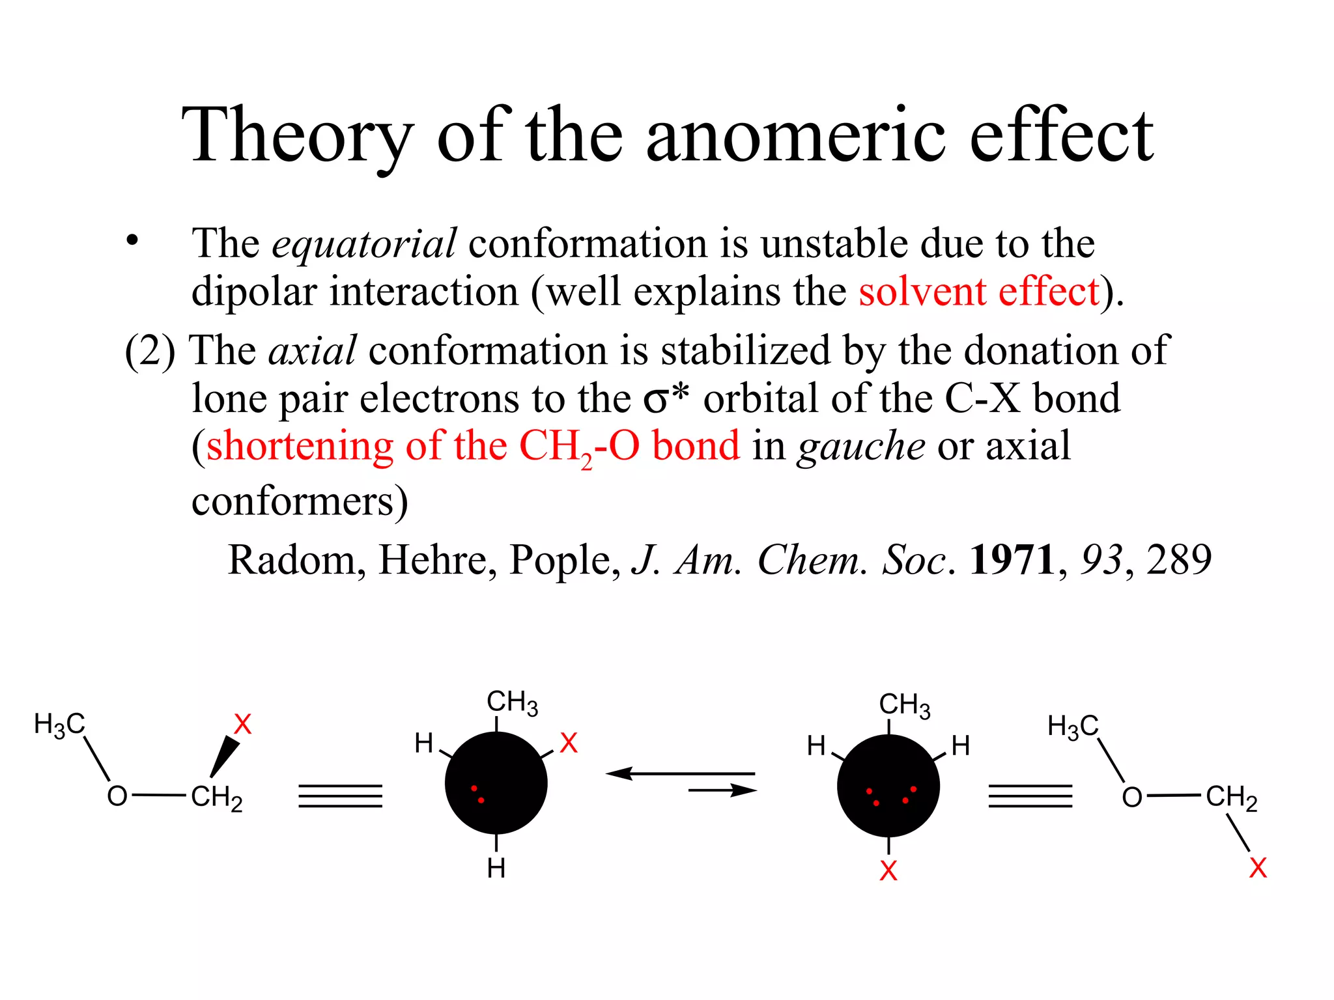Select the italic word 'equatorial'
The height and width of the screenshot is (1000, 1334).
pos(363,243)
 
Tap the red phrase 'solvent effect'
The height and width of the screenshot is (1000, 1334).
pos(978,291)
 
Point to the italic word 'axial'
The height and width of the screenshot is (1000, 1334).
pos(313,350)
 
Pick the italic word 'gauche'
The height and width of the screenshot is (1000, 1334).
pos(860,446)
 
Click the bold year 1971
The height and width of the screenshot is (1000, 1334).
pos(1012,559)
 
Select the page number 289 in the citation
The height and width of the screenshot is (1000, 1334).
pos(1178,559)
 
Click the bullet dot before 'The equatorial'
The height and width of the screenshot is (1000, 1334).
pos(133,240)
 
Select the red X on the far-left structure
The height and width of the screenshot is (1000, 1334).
pos(242,724)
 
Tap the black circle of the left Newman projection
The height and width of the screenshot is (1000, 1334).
pos(496,783)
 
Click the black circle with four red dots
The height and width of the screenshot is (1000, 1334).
pos(888,786)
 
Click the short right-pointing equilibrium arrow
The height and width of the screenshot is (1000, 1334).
pos(722,790)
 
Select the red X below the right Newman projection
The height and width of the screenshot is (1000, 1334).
pos(888,871)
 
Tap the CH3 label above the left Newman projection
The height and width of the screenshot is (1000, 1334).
pos(512,702)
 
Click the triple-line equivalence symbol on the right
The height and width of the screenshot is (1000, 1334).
pos(1030,796)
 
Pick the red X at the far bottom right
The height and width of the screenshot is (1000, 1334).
pos(1258,868)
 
